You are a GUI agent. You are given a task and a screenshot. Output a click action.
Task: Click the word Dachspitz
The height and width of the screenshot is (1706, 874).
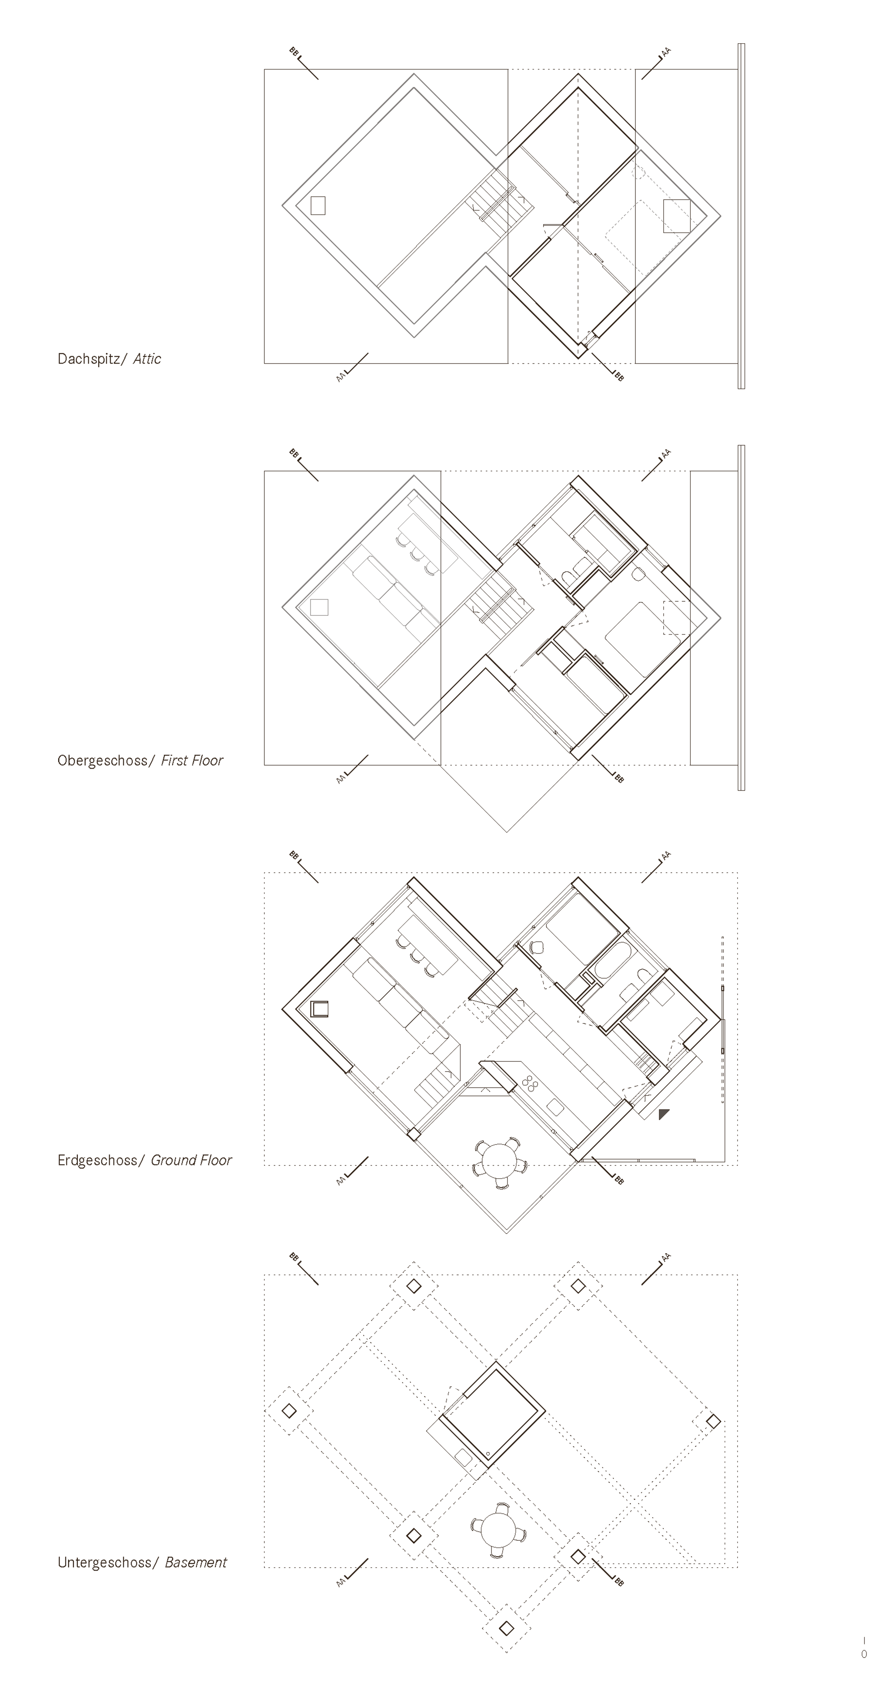(x=89, y=359)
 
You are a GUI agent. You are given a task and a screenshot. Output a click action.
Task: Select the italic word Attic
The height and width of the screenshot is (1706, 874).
(x=147, y=359)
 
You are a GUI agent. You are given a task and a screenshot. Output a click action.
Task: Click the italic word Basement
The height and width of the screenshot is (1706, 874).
(x=196, y=1562)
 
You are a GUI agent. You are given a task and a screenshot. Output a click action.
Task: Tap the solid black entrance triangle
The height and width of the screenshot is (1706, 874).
(x=663, y=1114)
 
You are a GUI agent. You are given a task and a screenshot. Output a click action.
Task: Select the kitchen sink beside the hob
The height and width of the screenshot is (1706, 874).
(x=554, y=1106)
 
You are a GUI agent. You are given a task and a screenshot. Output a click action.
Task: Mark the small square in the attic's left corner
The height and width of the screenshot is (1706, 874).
(x=318, y=205)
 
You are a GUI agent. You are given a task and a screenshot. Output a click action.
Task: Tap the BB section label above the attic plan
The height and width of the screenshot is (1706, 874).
(x=293, y=51)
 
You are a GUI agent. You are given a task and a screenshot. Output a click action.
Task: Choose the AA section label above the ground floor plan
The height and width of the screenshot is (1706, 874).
(x=666, y=855)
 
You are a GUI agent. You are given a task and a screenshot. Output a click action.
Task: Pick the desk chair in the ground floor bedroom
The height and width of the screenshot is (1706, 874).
(x=536, y=947)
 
